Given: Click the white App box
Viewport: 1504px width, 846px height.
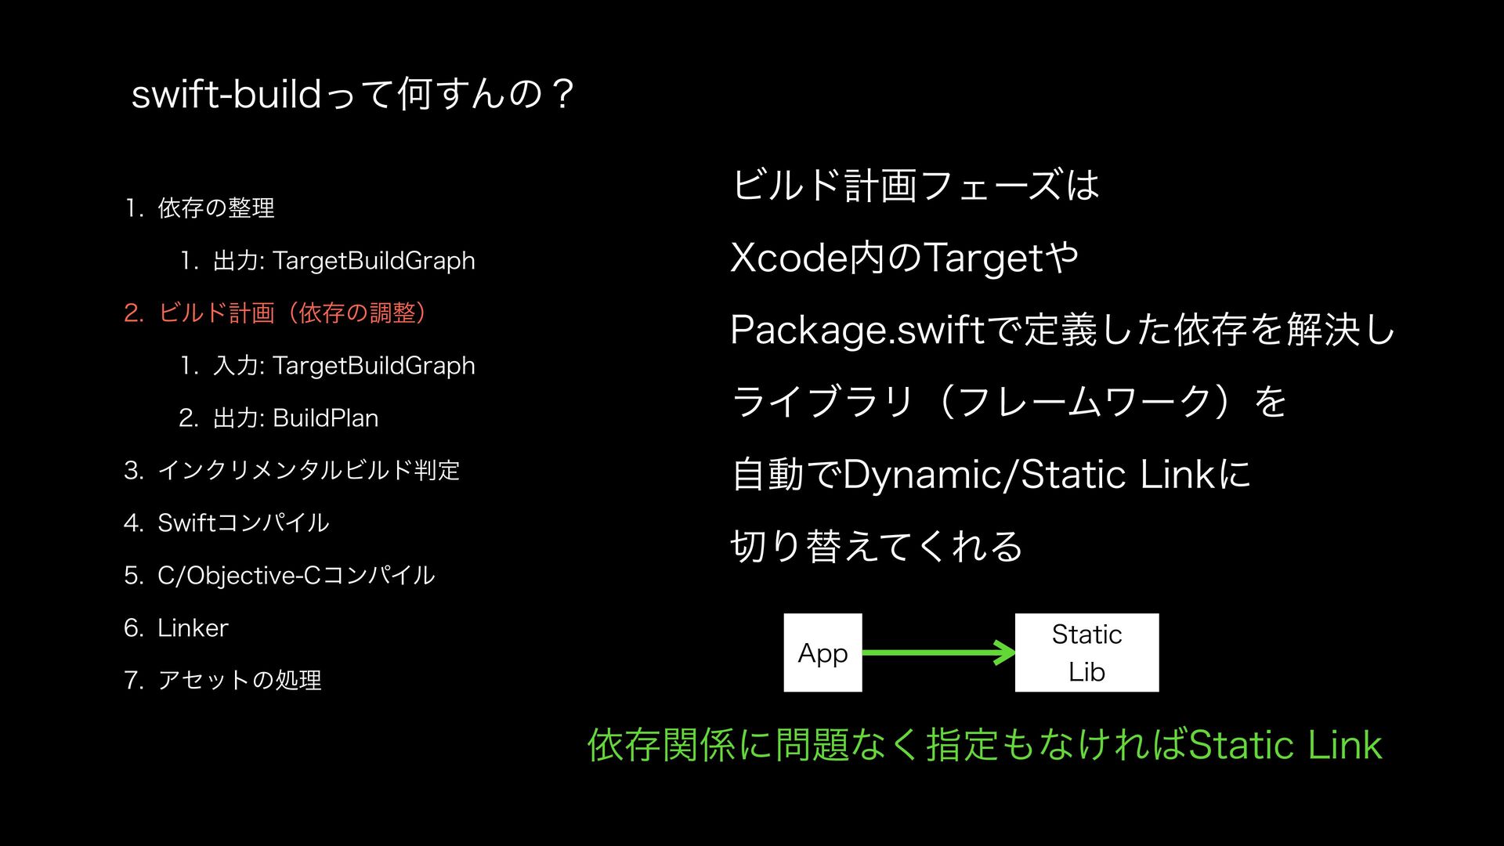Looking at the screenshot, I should (822, 653).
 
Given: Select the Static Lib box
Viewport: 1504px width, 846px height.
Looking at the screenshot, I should (1086, 653).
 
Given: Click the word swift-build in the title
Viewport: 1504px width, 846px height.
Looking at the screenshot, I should (226, 95).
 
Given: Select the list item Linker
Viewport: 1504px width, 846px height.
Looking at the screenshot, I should (193, 628).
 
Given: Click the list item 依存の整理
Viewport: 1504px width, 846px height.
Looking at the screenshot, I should (216, 208).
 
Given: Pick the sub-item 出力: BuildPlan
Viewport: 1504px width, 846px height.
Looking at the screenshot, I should (295, 418).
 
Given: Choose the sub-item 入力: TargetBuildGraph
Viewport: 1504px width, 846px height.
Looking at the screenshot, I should (344, 366).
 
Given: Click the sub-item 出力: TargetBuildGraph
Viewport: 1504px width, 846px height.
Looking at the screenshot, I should (344, 261).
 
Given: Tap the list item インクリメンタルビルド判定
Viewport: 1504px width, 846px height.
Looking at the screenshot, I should (309, 471).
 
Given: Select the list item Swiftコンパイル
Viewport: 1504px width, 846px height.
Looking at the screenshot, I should (243, 523).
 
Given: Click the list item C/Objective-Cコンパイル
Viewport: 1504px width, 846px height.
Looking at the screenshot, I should (295, 576).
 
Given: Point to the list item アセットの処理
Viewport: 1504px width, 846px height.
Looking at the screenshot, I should (239, 681).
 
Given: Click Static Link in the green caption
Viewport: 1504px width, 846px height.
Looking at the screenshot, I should (1285, 745).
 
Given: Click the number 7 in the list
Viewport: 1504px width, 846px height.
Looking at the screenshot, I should (132, 681).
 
